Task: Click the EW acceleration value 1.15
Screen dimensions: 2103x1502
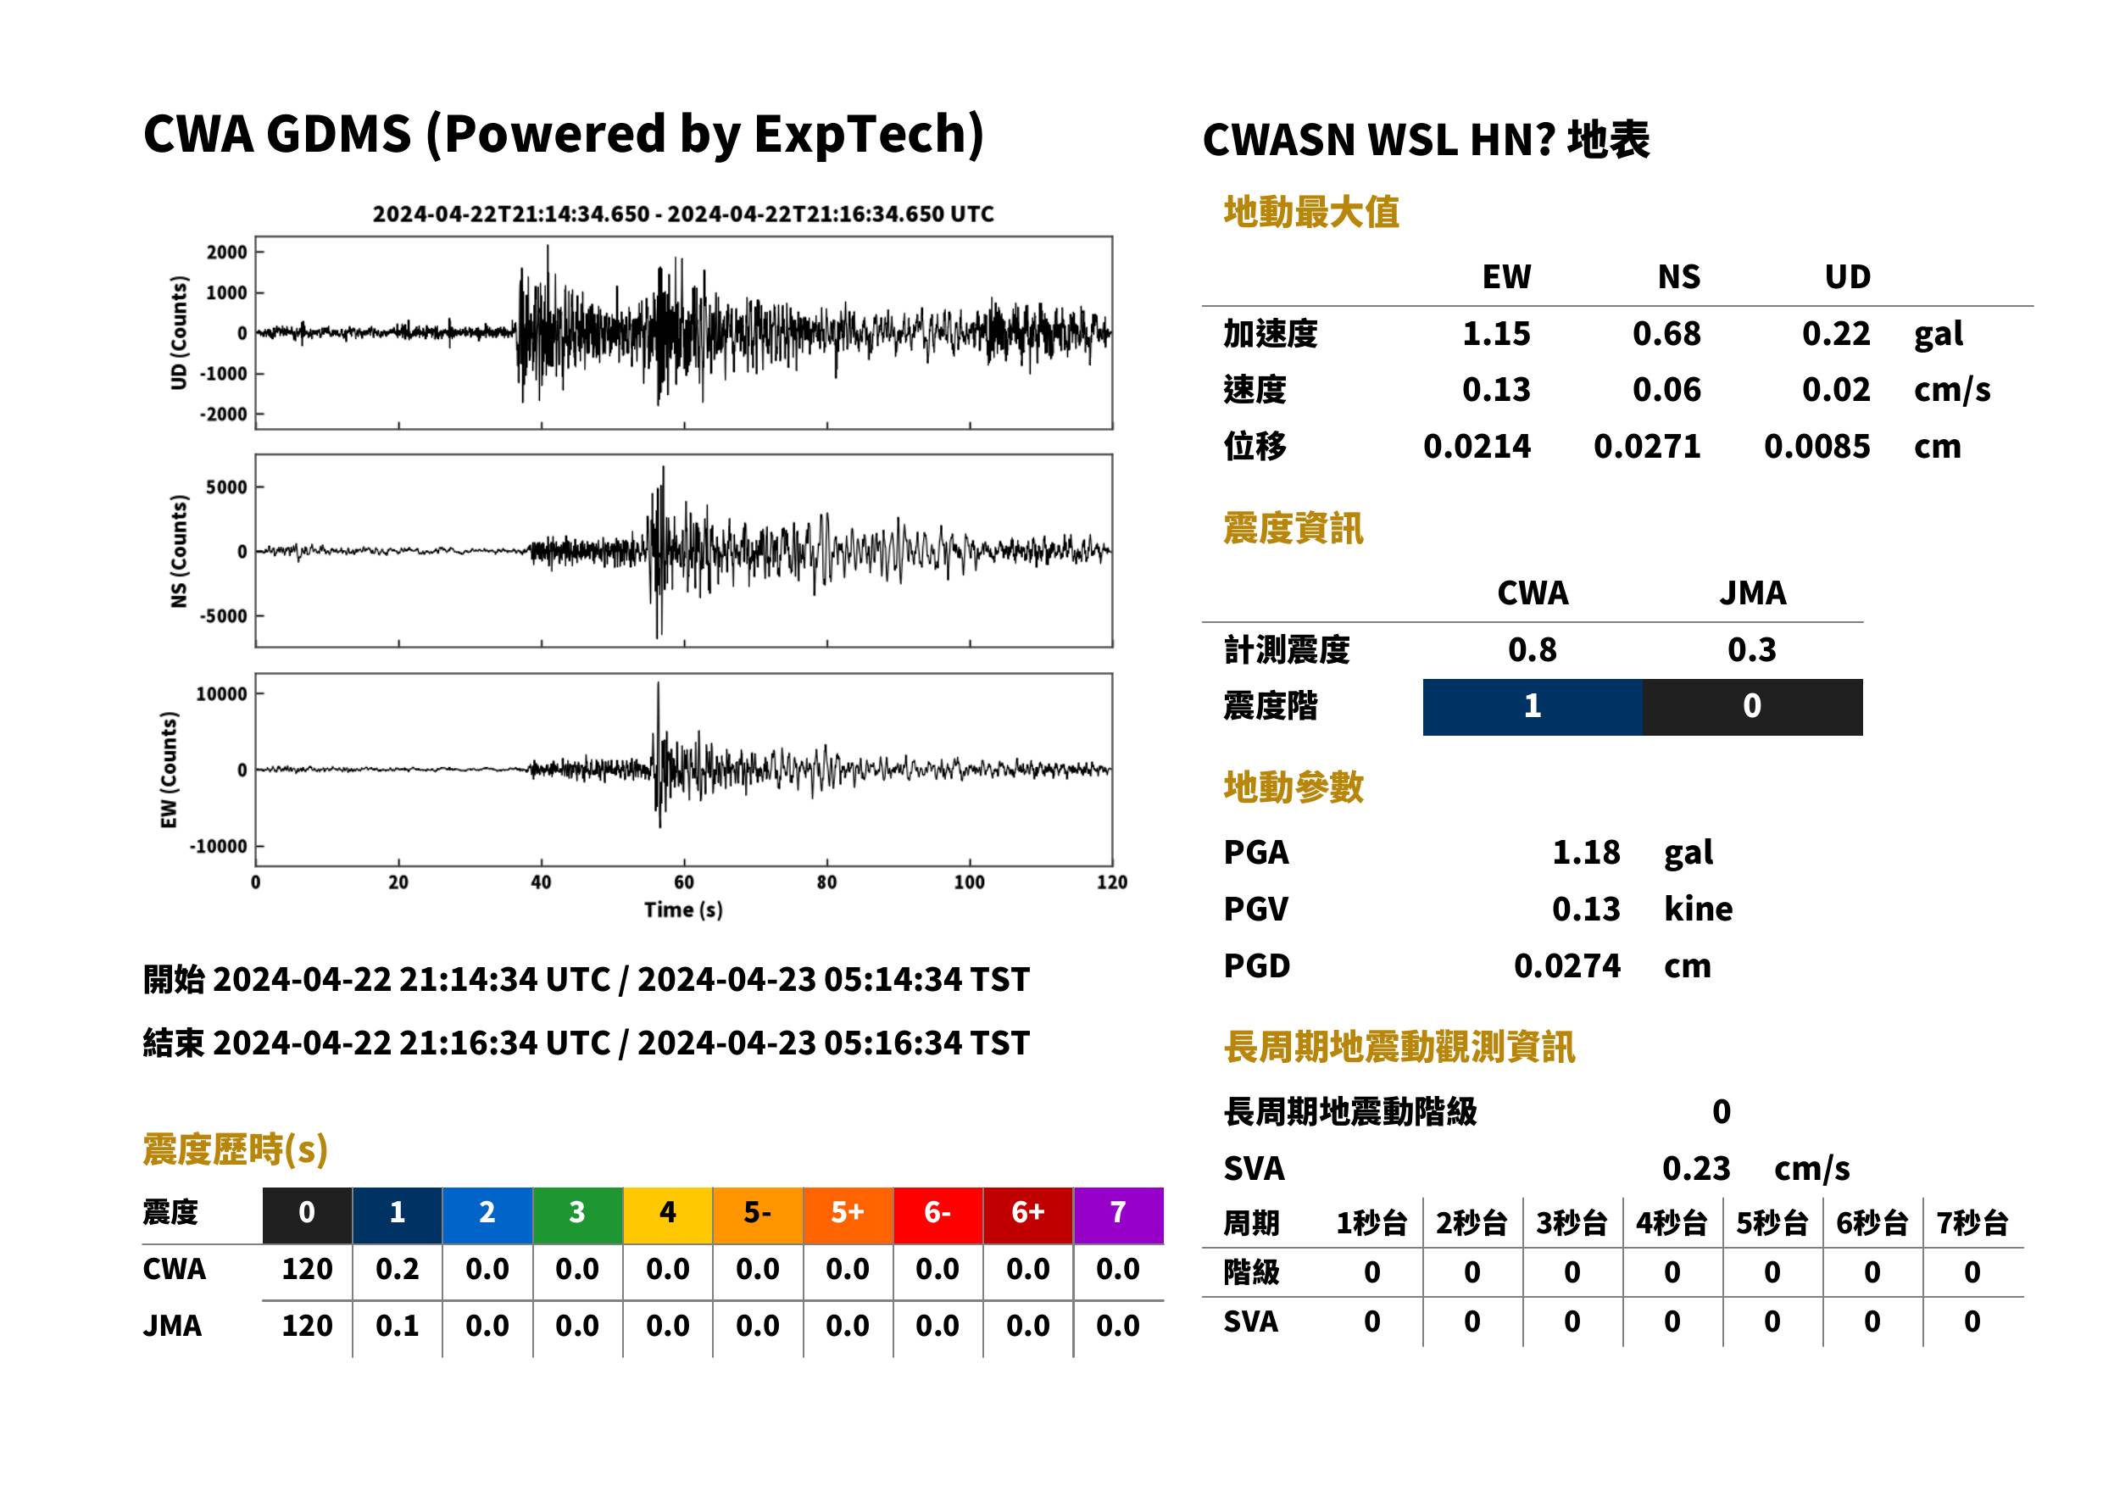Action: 1495,333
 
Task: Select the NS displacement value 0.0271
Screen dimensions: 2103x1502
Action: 1646,446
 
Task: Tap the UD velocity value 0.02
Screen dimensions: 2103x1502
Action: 1836,389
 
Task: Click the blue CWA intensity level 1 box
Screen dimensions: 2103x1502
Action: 1532,707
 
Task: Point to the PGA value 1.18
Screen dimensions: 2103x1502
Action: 1585,852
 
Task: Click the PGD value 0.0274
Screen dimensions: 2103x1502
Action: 1566,965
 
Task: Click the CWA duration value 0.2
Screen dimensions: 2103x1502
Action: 397,1269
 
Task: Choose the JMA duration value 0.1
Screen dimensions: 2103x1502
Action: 397,1326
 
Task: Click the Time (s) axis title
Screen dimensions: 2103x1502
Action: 683,910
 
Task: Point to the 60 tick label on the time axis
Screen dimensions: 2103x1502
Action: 683,882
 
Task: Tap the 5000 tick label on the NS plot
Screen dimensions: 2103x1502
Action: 226,487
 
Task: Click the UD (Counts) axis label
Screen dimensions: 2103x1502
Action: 179,333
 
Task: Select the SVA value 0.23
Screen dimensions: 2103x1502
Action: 1695,1168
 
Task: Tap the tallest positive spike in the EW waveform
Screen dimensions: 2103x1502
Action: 658,684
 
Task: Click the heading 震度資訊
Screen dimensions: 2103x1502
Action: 1293,528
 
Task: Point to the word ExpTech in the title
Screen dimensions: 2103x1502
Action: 860,133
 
